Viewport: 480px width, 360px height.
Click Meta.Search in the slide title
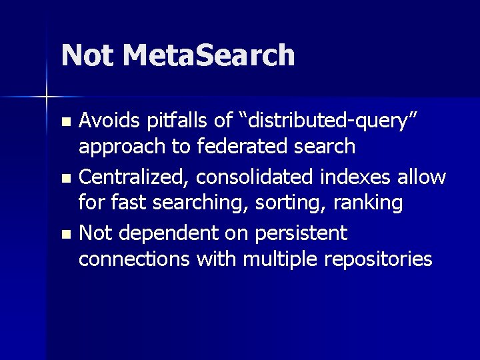(x=209, y=55)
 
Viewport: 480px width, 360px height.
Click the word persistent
(x=304, y=233)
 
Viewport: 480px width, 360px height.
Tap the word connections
(x=134, y=258)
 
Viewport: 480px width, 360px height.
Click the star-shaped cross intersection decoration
(x=46, y=97)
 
